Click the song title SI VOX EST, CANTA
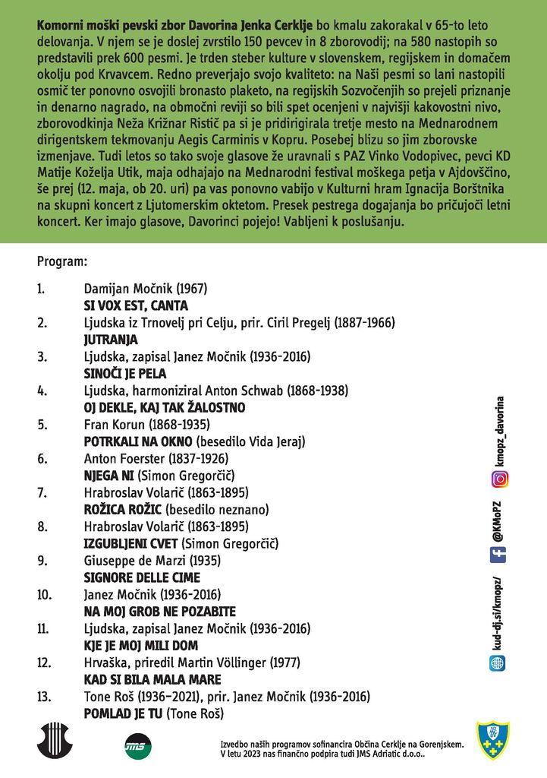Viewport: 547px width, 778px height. pyautogui.click(x=135, y=306)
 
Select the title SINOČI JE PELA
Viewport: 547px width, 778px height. pyautogui.click(x=124, y=374)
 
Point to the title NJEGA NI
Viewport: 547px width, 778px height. pyautogui.click(x=108, y=476)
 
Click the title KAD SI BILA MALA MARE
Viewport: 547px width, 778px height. pyautogui.click(x=152, y=679)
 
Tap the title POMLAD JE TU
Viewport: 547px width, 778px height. pyautogui.click(x=123, y=713)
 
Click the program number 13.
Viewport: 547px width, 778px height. pyautogui.click(x=43, y=696)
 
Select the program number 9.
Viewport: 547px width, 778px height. pyautogui.click(x=41, y=561)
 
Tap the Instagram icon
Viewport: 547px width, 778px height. pyautogui.click(x=500, y=479)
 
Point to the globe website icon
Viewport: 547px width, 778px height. pyautogui.click(x=500, y=663)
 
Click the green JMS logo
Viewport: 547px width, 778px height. pyautogui.click(x=136, y=745)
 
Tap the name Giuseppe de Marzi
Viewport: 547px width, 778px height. pyautogui.click(x=133, y=561)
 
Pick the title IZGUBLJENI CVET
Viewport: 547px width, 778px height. pyautogui.click(x=130, y=543)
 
